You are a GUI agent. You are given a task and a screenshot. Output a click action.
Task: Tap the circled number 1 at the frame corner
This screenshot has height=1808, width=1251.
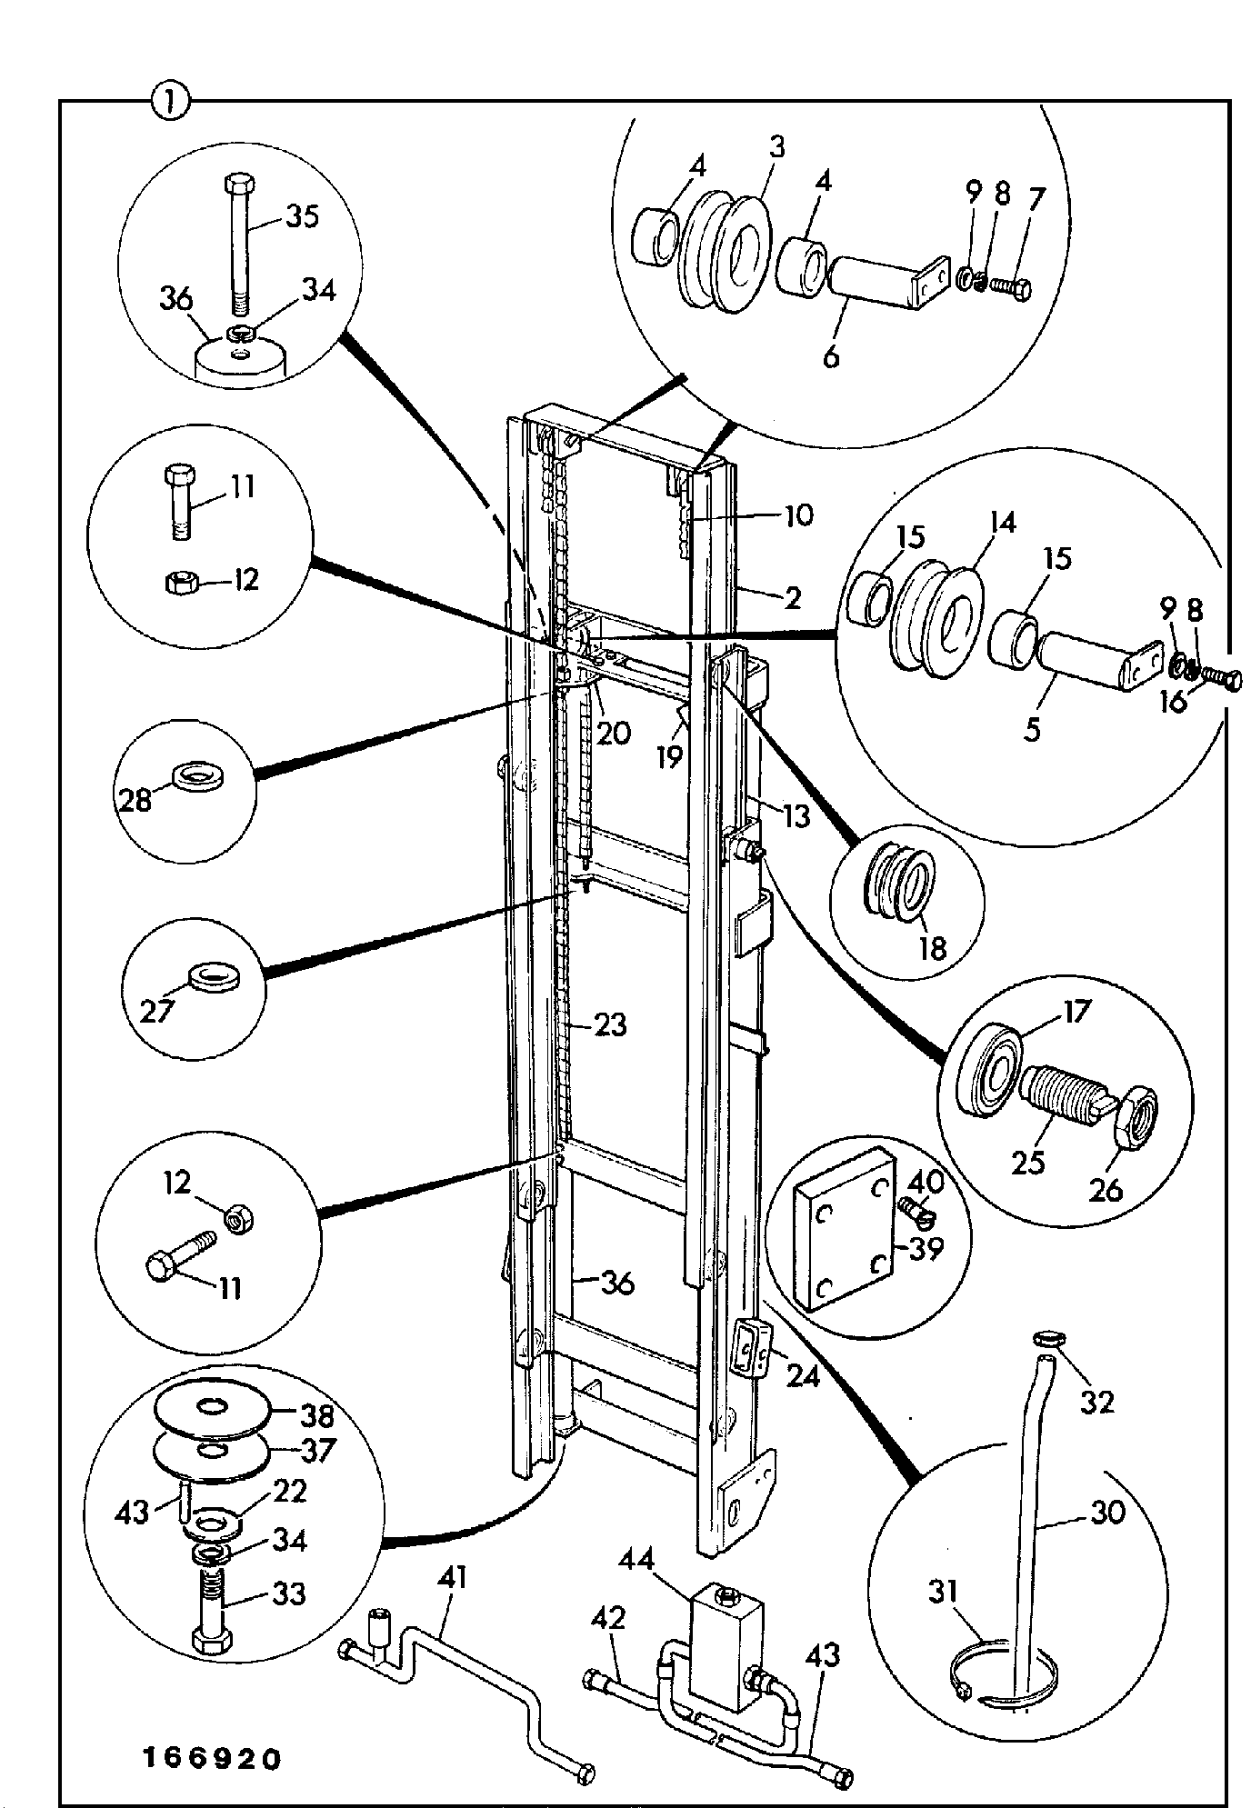point(170,101)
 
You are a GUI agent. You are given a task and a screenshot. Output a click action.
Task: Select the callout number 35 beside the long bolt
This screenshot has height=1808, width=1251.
point(302,218)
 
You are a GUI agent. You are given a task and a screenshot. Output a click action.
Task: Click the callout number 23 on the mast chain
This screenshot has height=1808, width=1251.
point(610,1024)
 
